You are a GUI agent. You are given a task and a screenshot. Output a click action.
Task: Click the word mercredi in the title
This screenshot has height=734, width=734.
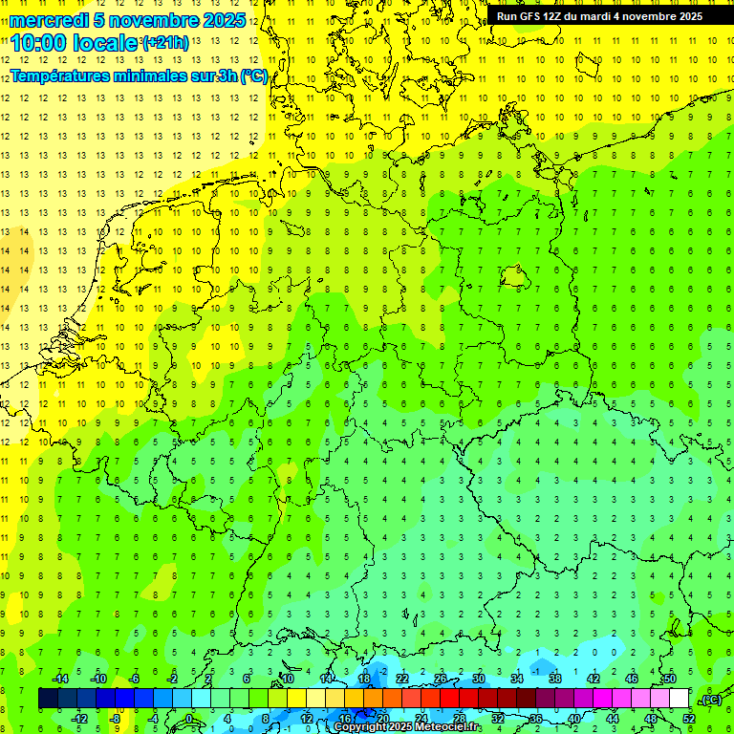tap(50, 20)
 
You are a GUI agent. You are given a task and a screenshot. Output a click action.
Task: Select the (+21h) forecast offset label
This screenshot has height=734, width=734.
tap(164, 42)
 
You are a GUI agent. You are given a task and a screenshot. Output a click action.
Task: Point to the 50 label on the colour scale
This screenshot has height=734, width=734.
tap(670, 679)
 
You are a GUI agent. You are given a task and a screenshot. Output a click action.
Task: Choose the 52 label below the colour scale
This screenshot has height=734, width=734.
tap(689, 719)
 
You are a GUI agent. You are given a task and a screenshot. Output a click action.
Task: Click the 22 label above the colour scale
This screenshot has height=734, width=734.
tap(402, 679)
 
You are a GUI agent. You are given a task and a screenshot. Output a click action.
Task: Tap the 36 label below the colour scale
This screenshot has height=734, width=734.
tap(536, 719)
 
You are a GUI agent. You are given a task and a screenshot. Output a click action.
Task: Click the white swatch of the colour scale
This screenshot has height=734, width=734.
tap(680, 699)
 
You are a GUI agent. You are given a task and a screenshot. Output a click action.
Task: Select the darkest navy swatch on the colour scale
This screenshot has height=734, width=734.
tap(48, 699)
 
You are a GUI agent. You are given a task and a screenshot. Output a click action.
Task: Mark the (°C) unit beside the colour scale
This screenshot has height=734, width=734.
tap(711, 700)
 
